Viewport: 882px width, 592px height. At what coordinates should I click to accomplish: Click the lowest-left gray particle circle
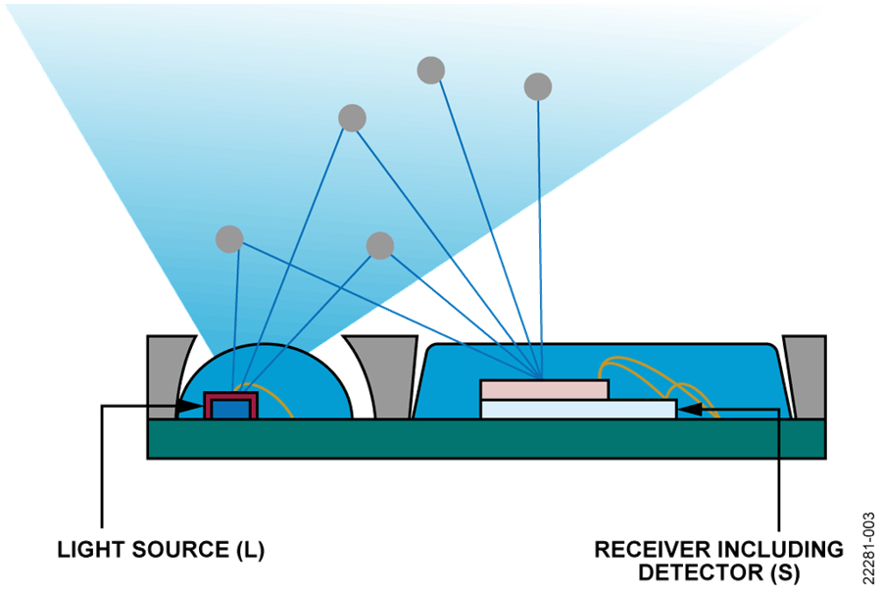point(229,238)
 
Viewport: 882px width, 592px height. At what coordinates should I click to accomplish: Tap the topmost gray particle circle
point(430,71)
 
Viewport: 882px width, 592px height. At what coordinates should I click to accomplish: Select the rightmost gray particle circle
point(538,86)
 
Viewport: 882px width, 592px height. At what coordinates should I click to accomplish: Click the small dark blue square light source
point(229,407)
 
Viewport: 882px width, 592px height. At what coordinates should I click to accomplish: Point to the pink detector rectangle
point(544,389)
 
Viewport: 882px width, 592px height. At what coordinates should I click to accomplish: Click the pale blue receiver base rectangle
point(578,409)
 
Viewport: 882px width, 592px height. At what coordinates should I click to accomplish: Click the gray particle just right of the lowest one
point(380,245)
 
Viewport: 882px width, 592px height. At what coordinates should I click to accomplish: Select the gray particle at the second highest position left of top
point(352,119)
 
